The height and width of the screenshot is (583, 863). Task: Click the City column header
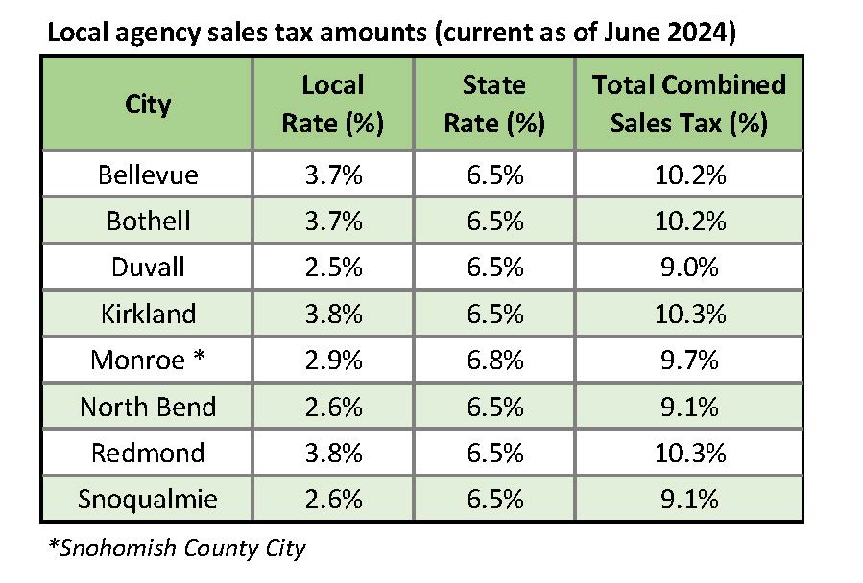(x=148, y=105)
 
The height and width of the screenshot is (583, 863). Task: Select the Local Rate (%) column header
(x=333, y=105)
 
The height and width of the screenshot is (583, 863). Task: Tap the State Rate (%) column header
(x=493, y=105)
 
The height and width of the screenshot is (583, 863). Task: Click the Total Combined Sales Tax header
(x=688, y=105)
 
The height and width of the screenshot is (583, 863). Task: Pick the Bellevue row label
(x=148, y=175)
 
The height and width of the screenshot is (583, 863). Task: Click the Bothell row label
(x=148, y=221)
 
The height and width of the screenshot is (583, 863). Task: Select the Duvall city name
(x=148, y=267)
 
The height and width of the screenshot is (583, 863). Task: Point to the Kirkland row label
(x=148, y=314)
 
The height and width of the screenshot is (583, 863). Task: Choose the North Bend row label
(x=148, y=407)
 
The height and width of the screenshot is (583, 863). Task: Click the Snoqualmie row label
(x=148, y=500)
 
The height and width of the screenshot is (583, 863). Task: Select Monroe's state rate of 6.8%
(x=493, y=360)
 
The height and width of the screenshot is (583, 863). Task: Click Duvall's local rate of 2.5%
(x=333, y=267)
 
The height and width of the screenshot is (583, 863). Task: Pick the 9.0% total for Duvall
(x=688, y=267)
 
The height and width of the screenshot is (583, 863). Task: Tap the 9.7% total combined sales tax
(x=688, y=360)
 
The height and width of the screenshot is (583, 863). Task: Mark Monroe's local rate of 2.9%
(x=333, y=360)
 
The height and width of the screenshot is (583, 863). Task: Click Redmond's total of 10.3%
(x=688, y=453)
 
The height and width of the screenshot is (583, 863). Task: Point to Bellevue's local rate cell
(x=333, y=175)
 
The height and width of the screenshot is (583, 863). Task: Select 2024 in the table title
(x=695, y=35)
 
